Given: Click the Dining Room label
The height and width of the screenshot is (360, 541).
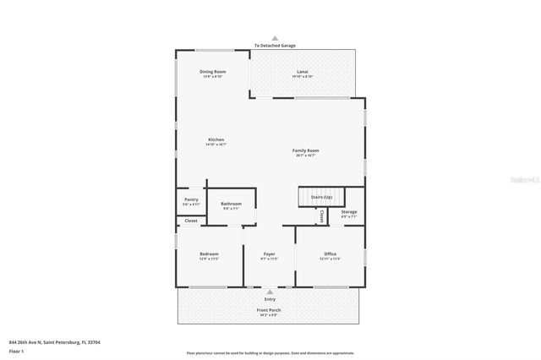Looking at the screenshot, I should tap(212, 73).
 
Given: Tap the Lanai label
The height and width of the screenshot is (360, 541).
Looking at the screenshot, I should tap(302, 73).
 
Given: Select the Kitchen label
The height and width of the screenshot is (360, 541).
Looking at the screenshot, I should tap(216, 140).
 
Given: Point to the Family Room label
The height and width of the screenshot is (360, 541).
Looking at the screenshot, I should tap(305, 151).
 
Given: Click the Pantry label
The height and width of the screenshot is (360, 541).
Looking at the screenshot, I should tap(191, 200).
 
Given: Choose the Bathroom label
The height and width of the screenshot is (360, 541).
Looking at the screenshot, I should tap(232, 205).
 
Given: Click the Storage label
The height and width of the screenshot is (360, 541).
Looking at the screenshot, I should tap(349, 212).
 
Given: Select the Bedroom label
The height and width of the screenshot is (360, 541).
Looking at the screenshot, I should tap(209, 254).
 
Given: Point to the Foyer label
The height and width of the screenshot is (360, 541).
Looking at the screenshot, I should tap(269, 254).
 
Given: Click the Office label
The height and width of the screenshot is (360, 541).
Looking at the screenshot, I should tap(330, 254).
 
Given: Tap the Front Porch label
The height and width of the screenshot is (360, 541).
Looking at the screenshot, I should tap(269, 310).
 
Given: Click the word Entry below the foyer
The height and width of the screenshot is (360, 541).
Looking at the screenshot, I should tap(270, 298).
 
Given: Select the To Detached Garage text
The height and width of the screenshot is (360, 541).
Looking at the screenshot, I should tap(270, 46).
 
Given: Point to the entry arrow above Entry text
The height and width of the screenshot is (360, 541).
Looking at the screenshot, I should tap(270, 292).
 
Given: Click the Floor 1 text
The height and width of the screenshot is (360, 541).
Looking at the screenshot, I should tap(16, 351).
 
